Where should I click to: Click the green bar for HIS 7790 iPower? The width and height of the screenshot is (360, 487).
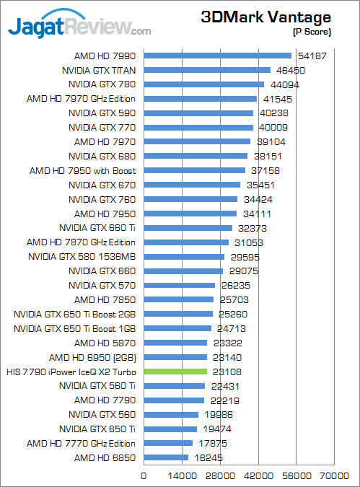175,372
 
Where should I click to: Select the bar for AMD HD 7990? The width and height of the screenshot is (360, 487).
217,56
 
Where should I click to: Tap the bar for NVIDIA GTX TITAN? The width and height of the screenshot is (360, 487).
207,70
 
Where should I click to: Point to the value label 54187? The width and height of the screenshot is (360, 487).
312,56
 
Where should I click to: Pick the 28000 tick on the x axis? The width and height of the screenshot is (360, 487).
220,476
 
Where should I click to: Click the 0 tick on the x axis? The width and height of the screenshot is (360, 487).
144,476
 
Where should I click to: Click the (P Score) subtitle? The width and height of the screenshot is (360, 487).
312,32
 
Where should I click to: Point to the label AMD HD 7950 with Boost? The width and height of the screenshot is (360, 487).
83,171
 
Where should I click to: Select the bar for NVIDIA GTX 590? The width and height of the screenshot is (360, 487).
198,113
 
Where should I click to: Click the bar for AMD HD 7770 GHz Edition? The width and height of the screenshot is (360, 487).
168,444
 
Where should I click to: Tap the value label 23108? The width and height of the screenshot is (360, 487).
227,372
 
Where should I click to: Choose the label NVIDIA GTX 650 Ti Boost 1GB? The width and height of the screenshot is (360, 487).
74,328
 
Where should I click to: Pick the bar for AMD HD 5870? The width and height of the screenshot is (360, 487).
175,343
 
